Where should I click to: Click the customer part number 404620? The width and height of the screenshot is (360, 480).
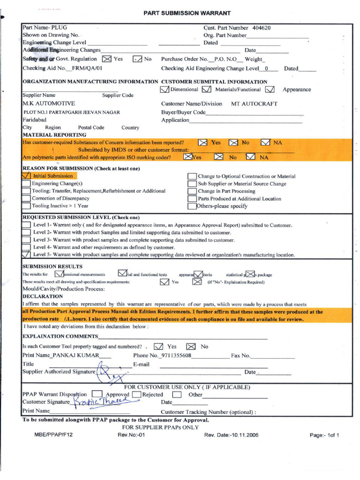click(x=261, y=28)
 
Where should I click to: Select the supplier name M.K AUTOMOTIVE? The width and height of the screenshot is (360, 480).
click(x=49, y=103)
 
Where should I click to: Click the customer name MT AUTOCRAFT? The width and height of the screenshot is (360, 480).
click(x=254, y=104)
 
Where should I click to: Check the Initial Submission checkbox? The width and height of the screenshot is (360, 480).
click(x=27, y=176)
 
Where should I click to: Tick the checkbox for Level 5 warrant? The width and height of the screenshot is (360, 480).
click(x=27, y=255)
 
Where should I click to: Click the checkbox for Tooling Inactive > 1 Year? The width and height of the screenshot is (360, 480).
click(x=27, y=206)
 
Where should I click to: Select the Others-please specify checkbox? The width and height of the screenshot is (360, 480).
click(x=192, y=206)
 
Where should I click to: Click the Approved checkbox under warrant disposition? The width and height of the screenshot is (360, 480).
click(x=97, y=394)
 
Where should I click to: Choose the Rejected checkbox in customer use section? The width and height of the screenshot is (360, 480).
click(x=136, y=394)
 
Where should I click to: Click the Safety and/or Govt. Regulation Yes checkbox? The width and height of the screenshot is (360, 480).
click(x=107, y=59)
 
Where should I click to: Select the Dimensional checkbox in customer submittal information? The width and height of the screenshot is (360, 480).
click(x=165, y=89)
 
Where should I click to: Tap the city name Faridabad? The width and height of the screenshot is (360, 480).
click(x=35, y=120)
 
